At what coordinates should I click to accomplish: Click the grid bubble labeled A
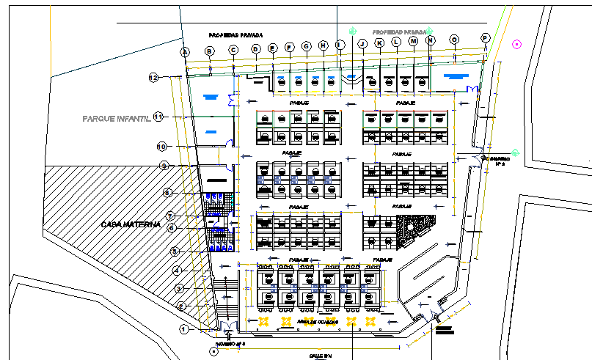[186, 51]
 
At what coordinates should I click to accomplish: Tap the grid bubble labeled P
[485, 37]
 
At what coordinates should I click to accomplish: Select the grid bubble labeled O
[454, 40]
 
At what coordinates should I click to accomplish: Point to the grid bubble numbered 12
[154, 78]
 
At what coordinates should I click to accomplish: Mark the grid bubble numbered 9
[164, 165]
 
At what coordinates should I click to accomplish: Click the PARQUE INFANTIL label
[116, 118]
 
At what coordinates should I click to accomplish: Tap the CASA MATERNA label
[131, 224]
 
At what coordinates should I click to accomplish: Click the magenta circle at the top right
[516, 44]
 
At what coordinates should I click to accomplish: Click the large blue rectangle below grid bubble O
[456, 76]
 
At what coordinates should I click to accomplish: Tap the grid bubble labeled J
[362, 44]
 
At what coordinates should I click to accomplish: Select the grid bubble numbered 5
[175, 251]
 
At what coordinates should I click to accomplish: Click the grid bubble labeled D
[256, 49]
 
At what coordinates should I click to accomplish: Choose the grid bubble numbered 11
[158, 118]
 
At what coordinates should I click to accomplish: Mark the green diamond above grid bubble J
[353, 31]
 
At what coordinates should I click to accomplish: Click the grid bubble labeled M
[413, 42]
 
